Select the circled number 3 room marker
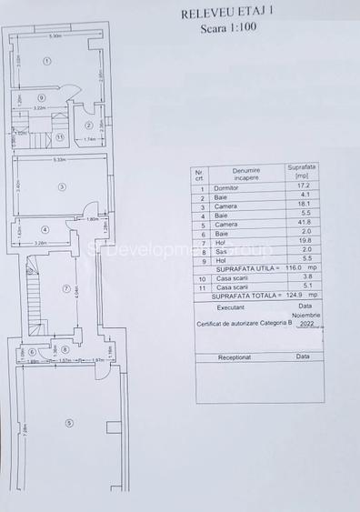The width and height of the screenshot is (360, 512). click(61, 187)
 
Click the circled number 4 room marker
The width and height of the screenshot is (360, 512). click(44, 229)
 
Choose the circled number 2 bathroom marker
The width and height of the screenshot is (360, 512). click(88, 125)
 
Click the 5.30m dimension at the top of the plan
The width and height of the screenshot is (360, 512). click(55, 36)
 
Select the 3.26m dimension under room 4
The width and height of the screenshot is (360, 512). click(41, 244)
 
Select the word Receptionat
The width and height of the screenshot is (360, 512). click(239, 357)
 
